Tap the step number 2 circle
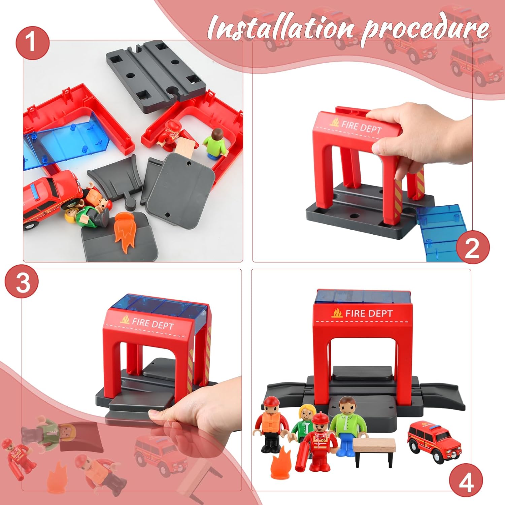click(472, 248)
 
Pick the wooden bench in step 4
click(374, 451)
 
